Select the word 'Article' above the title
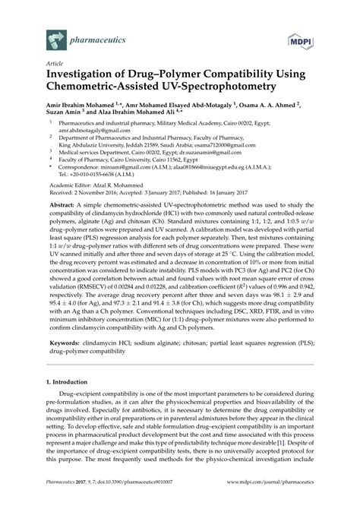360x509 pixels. pyautogui.click(x=55, y=65)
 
